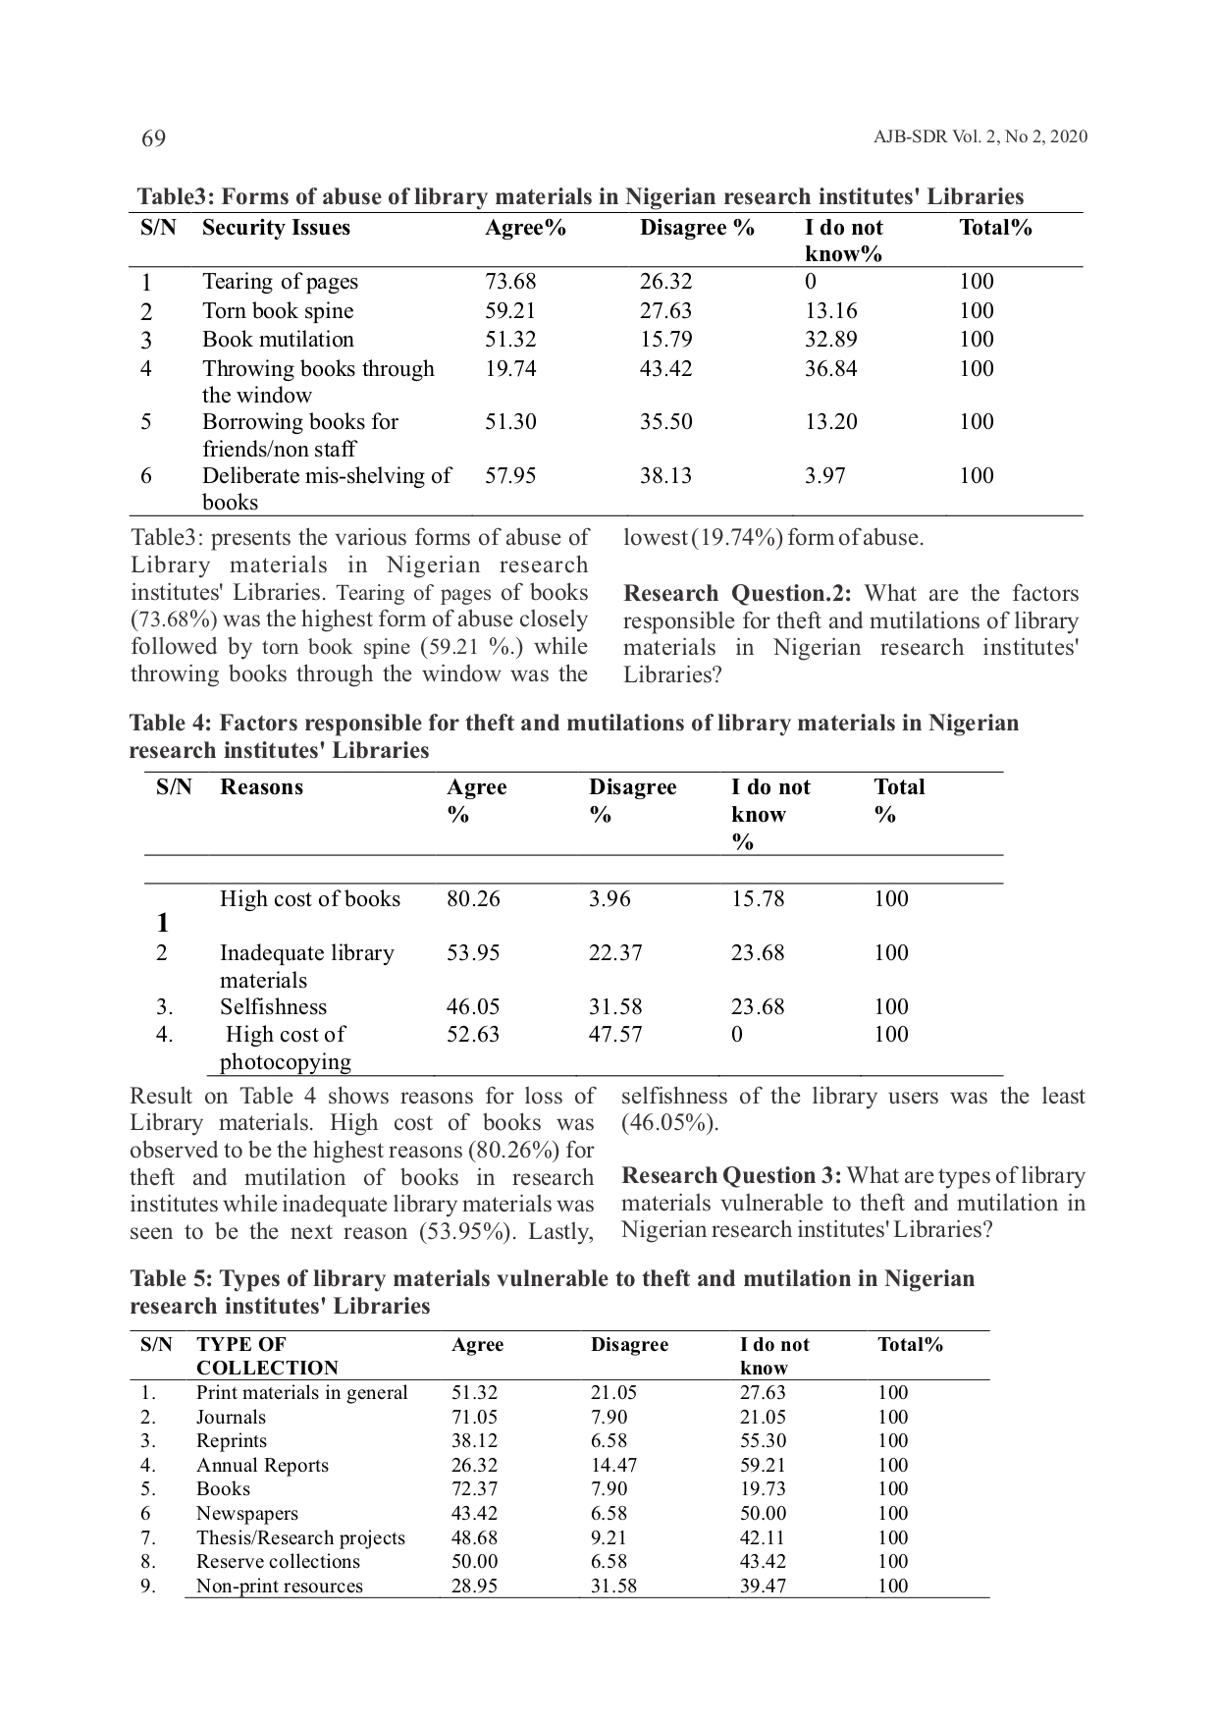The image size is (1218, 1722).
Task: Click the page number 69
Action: click(153, 138)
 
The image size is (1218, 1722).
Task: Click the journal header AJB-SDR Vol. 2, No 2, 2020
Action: click(980, 137)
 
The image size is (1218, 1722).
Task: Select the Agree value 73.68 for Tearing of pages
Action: click(510, 282)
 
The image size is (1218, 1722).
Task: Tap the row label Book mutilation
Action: click(278, 340)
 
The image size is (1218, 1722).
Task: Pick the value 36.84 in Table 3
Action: click(830, 369)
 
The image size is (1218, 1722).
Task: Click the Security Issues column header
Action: click(276, 228)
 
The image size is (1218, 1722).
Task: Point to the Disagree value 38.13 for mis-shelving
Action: click(665, 476)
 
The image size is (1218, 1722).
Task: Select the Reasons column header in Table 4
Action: click(261, 787)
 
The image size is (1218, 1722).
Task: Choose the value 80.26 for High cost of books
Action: click(473, 899)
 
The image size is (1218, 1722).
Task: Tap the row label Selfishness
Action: click(273, 1007)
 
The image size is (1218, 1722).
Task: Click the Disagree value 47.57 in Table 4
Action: click(615, 1035)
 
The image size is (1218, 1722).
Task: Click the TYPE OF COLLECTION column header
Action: click(266, 1356)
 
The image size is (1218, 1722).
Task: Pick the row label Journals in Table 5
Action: click(231, 1417)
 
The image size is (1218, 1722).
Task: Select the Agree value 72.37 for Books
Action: click(474, 1489)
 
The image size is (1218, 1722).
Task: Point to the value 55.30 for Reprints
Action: click(763, 1441)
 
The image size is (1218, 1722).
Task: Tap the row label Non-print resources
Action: click(279, 1586)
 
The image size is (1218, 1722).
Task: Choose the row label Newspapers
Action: click(246, 1514)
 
